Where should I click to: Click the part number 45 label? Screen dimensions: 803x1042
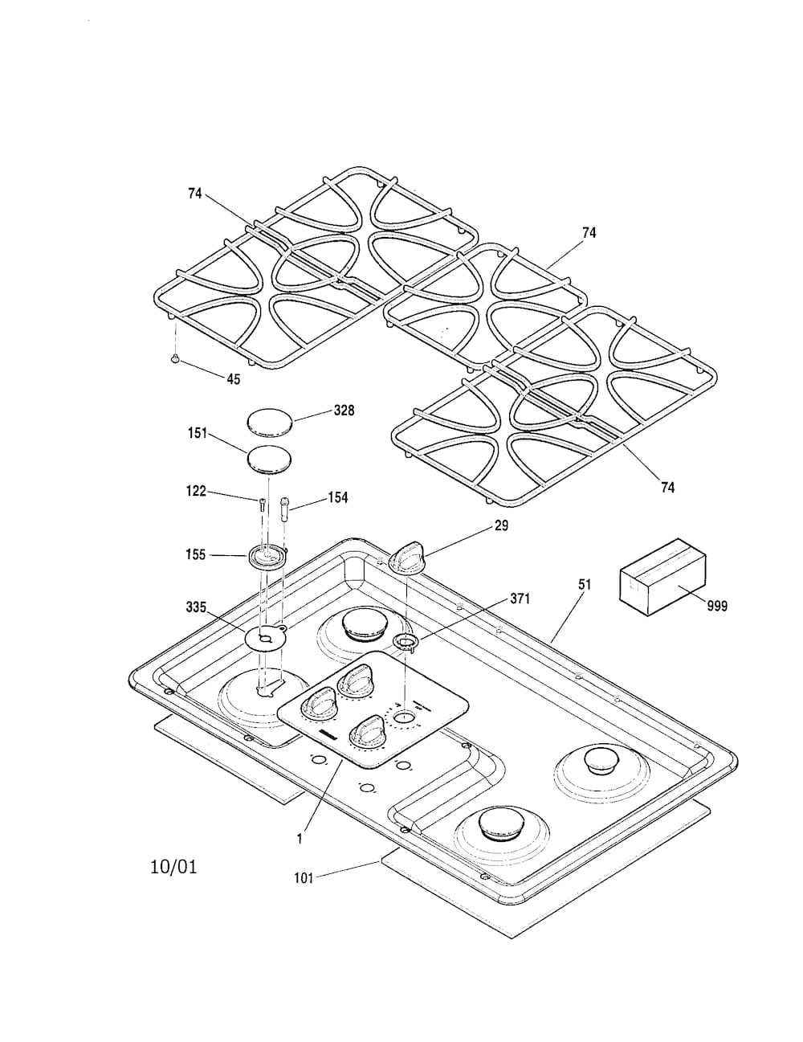234,379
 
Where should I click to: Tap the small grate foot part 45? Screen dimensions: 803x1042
175,358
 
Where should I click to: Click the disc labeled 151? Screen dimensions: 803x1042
269,460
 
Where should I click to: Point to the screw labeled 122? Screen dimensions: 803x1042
262,503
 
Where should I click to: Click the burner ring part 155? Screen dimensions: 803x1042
268,557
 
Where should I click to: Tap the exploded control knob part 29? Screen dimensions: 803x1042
406,556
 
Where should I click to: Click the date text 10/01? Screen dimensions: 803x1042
173,867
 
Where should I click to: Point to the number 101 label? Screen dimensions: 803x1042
304,892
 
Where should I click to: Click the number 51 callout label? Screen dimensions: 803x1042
585,585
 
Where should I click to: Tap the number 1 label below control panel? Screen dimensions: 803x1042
300,840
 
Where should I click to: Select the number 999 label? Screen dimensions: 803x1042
717,606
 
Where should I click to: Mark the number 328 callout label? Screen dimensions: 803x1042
344,411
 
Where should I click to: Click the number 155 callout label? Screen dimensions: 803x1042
195,555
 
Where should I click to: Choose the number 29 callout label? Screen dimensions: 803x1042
501,525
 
